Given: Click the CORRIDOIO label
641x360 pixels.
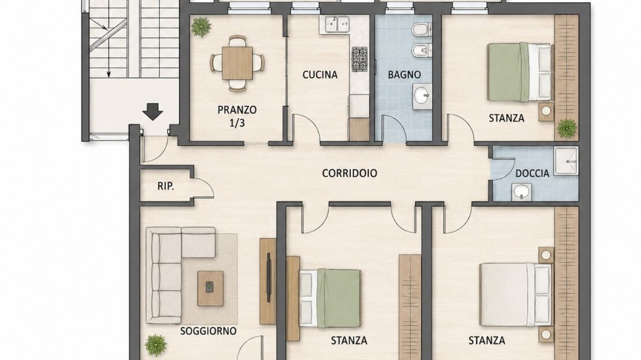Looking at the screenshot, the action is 349,173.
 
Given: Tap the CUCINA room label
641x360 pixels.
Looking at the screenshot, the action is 320,75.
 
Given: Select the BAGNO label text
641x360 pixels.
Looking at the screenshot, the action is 404,75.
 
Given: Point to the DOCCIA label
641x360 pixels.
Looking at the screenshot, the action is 532,173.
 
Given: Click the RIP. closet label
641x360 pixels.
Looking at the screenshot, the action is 166,187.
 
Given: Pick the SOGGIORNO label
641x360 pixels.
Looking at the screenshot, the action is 208,331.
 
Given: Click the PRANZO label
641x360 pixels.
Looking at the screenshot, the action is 237,110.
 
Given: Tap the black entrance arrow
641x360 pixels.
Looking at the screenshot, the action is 153,112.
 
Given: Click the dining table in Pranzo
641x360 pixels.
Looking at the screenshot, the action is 237,63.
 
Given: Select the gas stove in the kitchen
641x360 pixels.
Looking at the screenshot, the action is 360,60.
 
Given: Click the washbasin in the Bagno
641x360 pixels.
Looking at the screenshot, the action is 422,97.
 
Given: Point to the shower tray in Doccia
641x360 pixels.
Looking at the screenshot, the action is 566,161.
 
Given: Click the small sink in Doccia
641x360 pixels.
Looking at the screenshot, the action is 521,192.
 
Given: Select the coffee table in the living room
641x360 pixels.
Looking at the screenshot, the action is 211,288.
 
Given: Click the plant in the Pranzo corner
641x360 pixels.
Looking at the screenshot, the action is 201,27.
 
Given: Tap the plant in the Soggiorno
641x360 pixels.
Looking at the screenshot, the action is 156,344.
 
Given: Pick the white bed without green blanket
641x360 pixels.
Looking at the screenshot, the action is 515,295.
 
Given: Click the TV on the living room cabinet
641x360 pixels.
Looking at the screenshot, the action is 269,278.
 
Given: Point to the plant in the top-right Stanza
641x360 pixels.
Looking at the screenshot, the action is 567,128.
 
